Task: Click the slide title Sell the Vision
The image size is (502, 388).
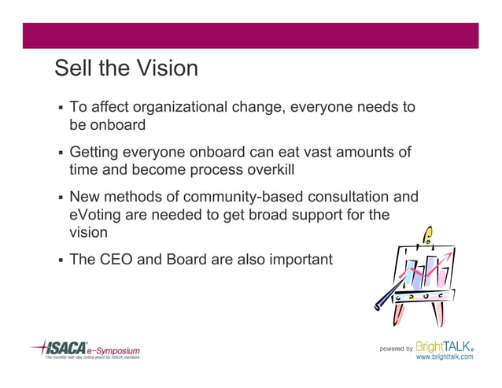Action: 126,68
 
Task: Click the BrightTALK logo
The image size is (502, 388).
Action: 445,346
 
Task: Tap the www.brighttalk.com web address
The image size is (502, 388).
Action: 445,357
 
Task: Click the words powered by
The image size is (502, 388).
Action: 396,348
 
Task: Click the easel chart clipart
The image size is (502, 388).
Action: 414,279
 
